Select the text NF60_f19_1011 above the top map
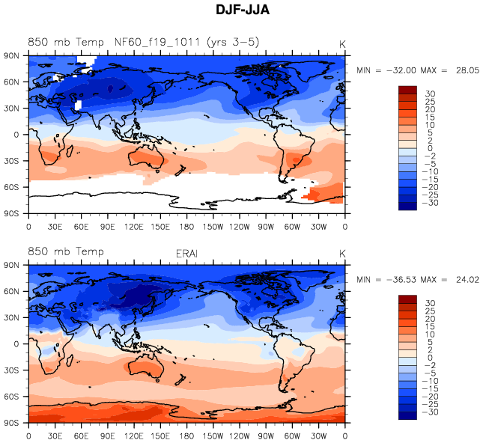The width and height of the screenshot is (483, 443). pyautogui.click(x=157, y=43)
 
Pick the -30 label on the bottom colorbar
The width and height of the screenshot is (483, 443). pyautogui.click(x=431, y=412)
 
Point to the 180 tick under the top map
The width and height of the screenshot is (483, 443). pyautogui.click(x=186, y=226)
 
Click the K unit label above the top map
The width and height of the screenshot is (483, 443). pyautogui.click(x=342, y=43)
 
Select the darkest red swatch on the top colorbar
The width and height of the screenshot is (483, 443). pyautogui.click(x=407, y=91)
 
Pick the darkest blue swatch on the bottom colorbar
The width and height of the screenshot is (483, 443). pyautogui.click(x=407, y=415)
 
